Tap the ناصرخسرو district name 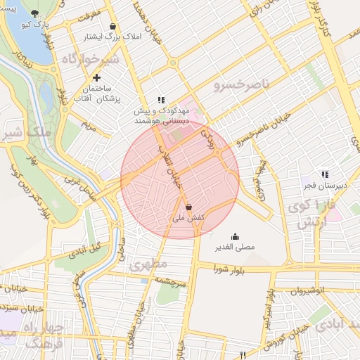coord(236,86)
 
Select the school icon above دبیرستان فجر coord(324,174)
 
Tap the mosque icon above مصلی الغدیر coord(235,237)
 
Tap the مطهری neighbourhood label coord(147,266)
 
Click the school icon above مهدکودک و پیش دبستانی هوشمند coord(161,101)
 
